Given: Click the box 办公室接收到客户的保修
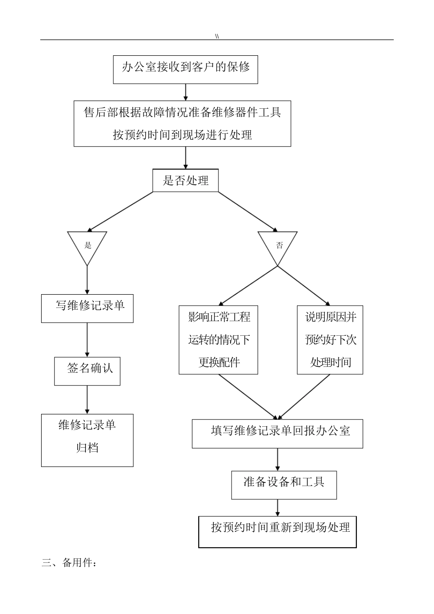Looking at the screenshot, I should tap(185, 69).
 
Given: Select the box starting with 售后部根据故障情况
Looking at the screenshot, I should tap(182, 123).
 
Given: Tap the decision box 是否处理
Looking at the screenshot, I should tap(185, 181).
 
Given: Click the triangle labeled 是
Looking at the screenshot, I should tap(87, 246).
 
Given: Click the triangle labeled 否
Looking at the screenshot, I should tap(278, 246).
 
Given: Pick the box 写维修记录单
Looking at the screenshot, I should tap(87, 308).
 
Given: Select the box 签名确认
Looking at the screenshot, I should tap(87, 371).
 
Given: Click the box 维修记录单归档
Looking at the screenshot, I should tap(87, 440).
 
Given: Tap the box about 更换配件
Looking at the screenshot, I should tap(218, 340).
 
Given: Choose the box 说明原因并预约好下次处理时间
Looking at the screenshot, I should tap(330, 340).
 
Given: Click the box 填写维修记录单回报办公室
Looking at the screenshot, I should tap(277, 434).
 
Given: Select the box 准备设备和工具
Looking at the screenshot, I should tap(284, 485).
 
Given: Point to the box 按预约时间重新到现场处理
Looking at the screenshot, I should tap(277, 532).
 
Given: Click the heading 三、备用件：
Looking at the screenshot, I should tap(69, 562).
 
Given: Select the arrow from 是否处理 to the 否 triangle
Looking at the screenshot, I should tap(247, 211).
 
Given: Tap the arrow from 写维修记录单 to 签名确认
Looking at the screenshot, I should tap(87, 339).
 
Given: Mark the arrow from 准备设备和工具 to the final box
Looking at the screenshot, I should tap(277, 508).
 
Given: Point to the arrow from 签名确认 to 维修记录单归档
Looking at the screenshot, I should tap(87, 400).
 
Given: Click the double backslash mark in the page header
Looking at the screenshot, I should tap(217, 36).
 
